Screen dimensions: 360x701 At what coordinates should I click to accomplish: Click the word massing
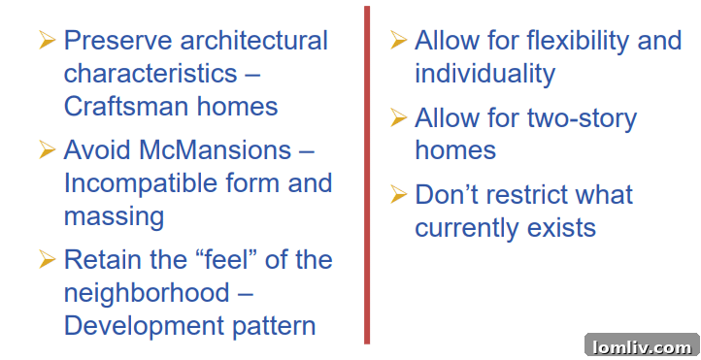click(114, 215)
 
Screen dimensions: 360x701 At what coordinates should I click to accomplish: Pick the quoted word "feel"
click(216, 260)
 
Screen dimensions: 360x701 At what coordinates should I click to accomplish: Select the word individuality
click(484, 74)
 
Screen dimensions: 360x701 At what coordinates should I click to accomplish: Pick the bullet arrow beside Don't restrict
click(398, 195)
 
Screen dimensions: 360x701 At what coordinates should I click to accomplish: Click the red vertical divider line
click(367, 175)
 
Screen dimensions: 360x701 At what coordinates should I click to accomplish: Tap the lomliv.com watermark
click(641, 346)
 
